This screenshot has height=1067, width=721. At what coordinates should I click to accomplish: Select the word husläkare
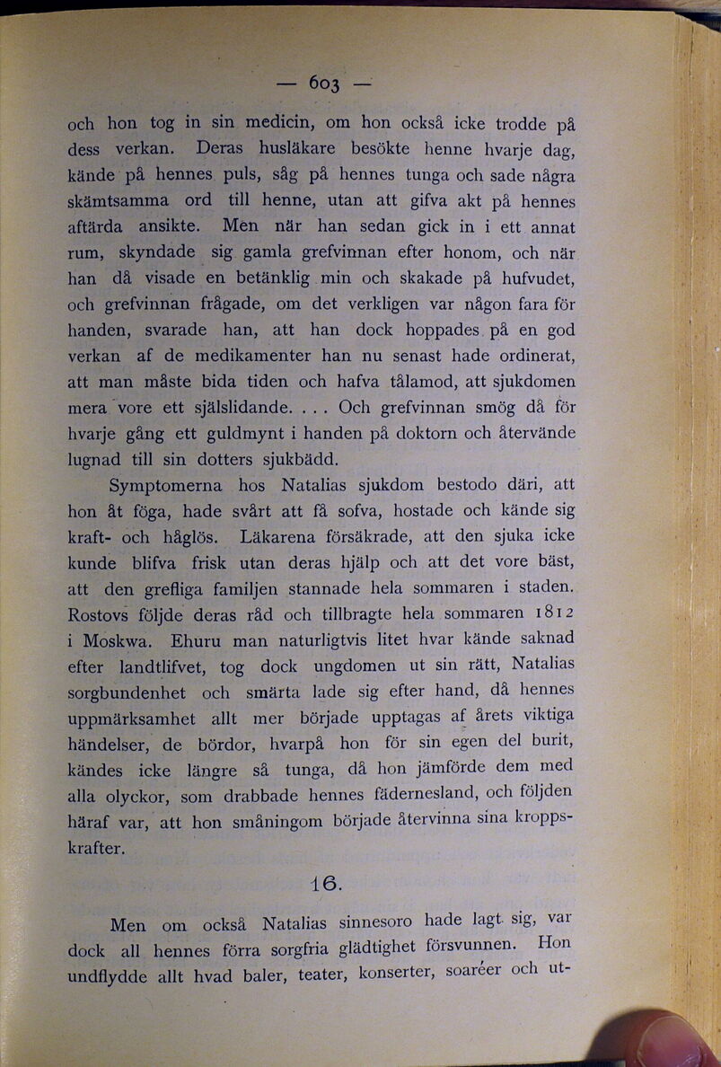[286, 146]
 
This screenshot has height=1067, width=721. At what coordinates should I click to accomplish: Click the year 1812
[550, 614]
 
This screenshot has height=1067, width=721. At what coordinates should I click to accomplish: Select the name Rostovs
[100, 616]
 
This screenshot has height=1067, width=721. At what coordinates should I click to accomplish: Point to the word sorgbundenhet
[128, 693]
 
